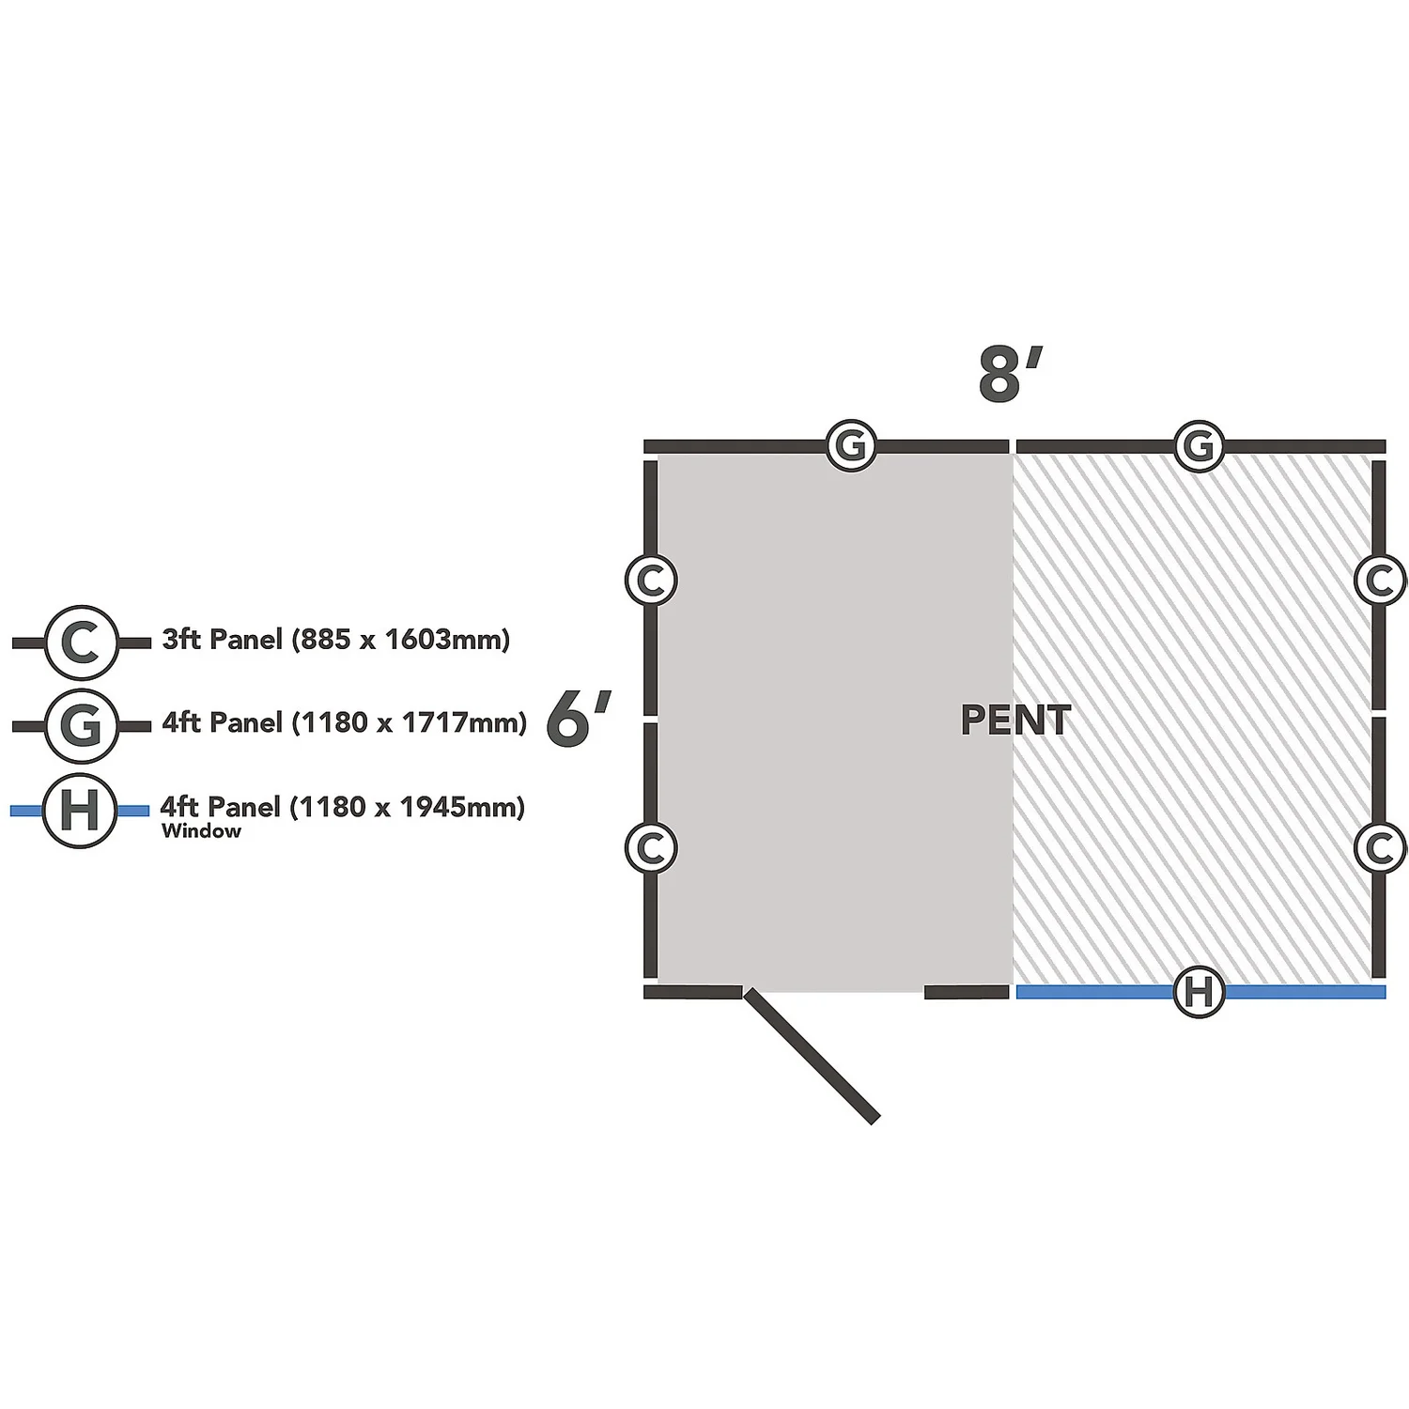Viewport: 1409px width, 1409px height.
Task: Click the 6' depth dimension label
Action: tap(578, 719)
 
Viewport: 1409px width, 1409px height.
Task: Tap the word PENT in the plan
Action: tap(1015, 720)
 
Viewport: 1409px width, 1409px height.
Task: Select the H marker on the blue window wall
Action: tap(1200, 992)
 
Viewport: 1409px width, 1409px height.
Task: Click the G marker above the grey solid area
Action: tap(851, 445)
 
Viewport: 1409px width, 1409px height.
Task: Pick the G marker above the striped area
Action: tap(1200, 445)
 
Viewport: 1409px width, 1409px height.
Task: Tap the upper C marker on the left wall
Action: tap(651, 580)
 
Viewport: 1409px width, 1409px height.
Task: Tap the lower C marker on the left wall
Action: tap(651, 847)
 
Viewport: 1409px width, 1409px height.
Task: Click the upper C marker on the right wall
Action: tap(1380, 580)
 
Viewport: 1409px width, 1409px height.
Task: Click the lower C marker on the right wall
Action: tap(1380, 847)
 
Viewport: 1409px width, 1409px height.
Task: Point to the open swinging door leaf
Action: tap(812, 1055)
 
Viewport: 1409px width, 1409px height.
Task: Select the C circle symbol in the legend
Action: tap(82, 643)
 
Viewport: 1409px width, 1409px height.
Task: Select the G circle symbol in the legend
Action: tap(82, 725)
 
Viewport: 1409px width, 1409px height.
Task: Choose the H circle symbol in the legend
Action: tap(80, 810)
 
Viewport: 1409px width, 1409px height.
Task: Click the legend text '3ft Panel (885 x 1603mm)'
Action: tap(335, 640)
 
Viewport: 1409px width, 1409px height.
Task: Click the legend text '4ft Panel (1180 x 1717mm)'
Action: tap(344, 722)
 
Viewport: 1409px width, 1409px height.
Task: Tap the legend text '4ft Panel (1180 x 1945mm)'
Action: tap(342, 807)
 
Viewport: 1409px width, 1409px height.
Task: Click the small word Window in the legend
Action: tap(201, 831)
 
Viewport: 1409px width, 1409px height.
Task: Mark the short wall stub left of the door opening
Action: tap(693, 992)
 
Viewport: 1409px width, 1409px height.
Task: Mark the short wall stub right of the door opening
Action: tap(967, 992)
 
